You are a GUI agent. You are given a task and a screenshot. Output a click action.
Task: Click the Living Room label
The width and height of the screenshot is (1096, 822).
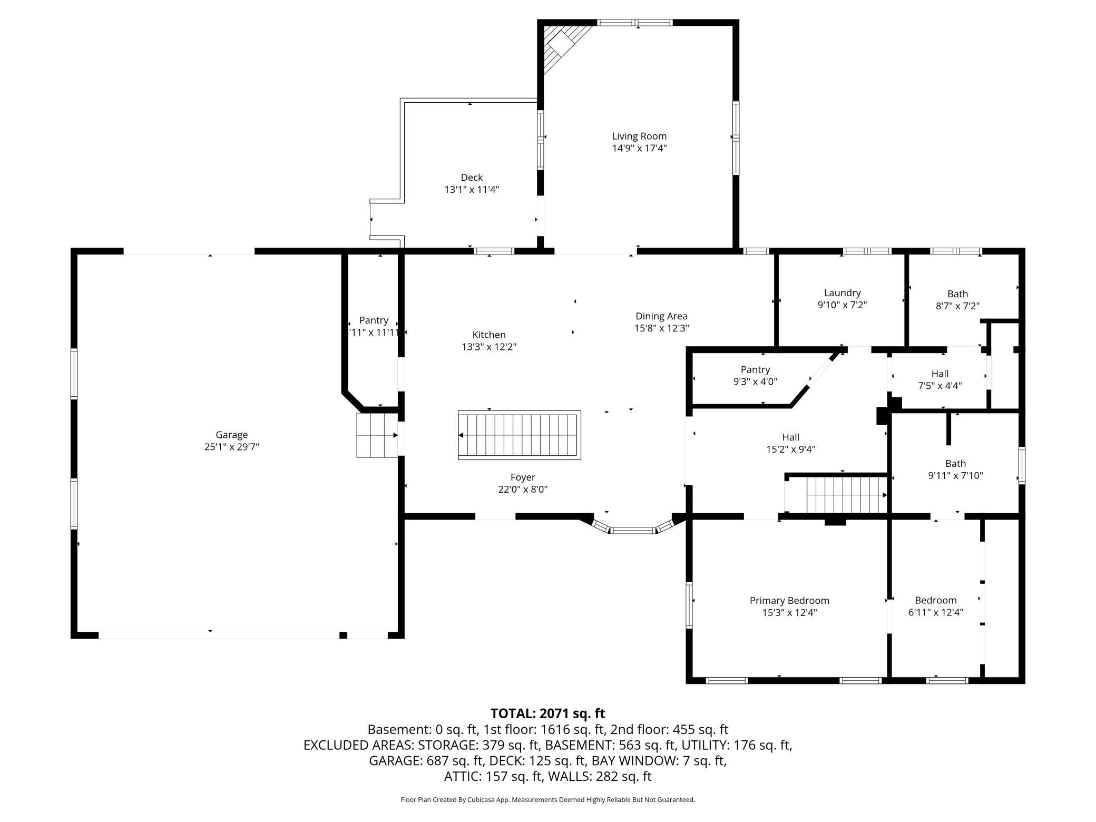(639, 136)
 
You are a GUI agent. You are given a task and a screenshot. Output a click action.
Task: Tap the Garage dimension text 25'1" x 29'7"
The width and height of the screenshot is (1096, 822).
(231, 447)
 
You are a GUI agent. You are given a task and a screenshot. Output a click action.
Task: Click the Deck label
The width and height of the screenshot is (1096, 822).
(472, 178)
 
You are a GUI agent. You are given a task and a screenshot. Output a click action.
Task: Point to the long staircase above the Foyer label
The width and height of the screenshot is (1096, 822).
(519, 435)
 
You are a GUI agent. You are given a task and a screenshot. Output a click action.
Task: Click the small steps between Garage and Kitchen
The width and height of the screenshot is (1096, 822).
(377, 435)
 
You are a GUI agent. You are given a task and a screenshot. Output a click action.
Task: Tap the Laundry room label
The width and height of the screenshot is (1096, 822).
(842, 293)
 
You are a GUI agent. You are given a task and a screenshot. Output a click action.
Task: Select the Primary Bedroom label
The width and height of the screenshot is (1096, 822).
(789, 601)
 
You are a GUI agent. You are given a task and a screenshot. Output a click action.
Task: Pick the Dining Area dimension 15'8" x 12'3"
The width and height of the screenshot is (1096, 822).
(661, 328)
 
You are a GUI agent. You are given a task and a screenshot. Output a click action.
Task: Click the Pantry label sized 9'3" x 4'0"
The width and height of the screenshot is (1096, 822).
(755, 370)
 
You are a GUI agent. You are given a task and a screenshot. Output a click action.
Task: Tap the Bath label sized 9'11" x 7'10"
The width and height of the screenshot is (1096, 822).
(955, 464)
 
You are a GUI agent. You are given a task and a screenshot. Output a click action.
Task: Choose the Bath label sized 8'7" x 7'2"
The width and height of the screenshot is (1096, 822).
(957, 294)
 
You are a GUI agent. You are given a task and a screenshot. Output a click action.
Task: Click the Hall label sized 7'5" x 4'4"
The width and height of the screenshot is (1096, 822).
(940, 374)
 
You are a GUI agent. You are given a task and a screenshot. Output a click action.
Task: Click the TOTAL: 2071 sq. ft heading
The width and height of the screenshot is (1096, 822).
(547, 713)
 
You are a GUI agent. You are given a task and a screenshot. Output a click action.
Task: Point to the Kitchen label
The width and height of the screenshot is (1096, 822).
(488, 335)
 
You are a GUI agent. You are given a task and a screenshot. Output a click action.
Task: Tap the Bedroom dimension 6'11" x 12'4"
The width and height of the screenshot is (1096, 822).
(935, 612)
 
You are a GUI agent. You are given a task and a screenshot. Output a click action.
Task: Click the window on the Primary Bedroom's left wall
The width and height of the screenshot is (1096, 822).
(689, 604)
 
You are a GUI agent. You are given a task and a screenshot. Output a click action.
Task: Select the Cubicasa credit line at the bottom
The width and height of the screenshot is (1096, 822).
(547, 800)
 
